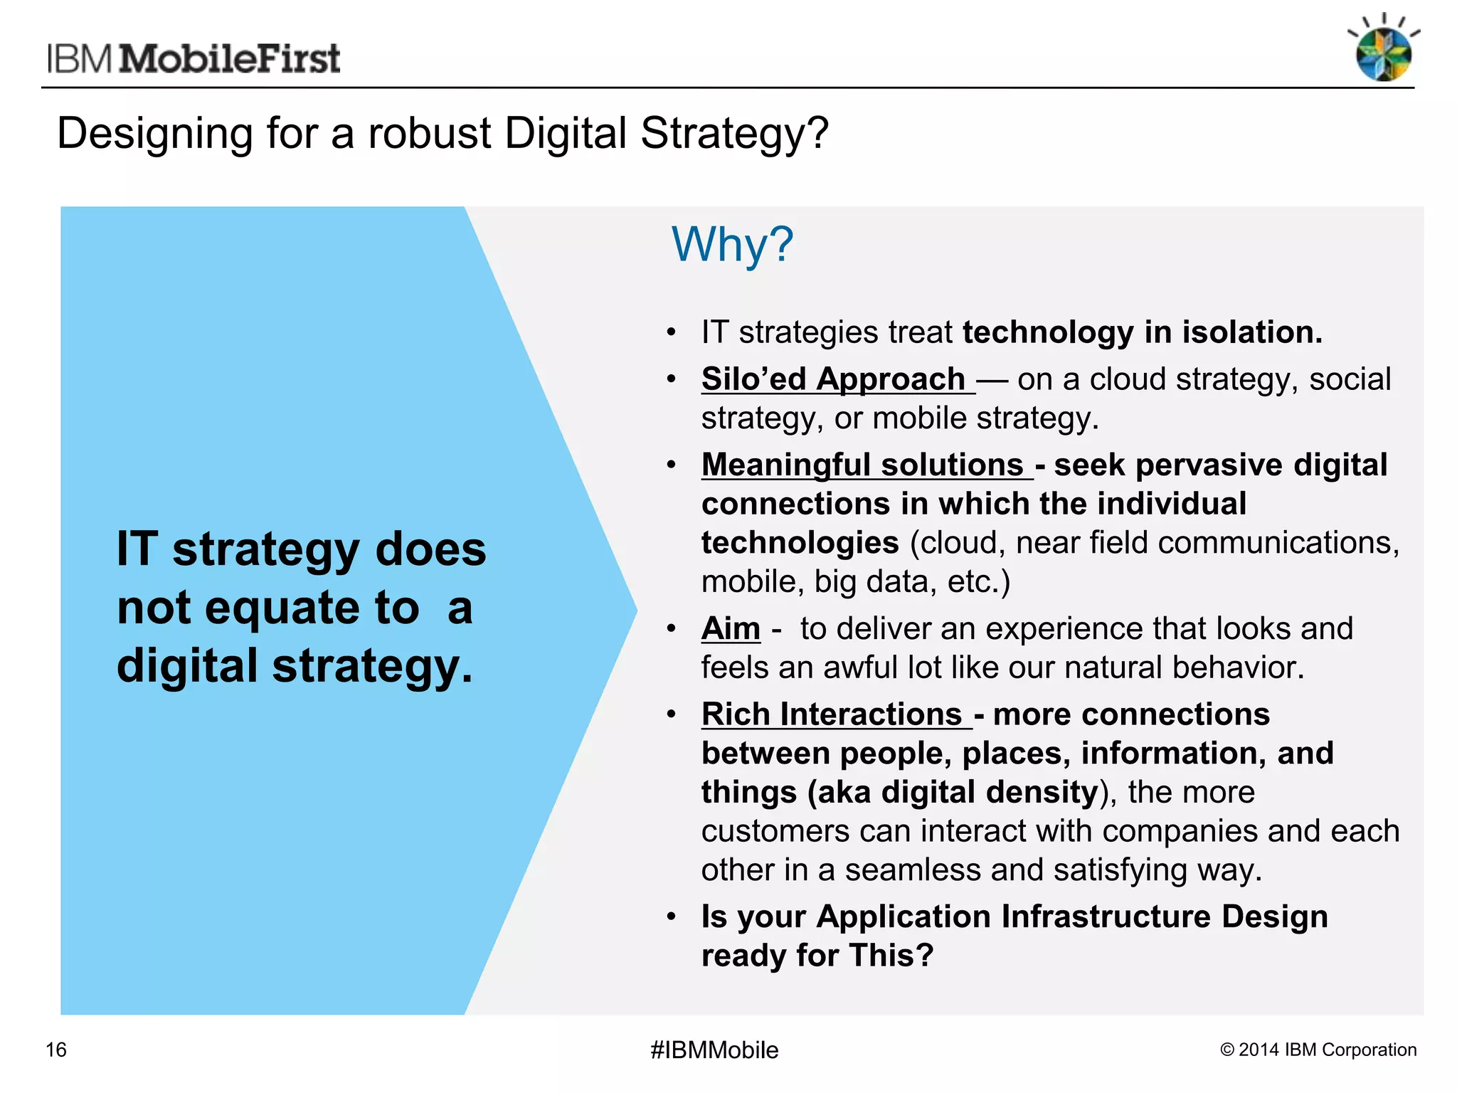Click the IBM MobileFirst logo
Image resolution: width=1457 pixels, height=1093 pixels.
pyautogui.click(x=194, y=58)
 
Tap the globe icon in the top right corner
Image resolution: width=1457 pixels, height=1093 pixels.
pyautogui.click(x=1383, y=54)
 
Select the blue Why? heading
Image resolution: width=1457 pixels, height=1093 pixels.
pyautogui.click(x=732, y=244)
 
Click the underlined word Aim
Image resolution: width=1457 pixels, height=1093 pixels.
pyautogui.click(x=731, y=628)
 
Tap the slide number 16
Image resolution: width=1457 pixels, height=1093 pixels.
pyautogui.click(x=56, y=1050)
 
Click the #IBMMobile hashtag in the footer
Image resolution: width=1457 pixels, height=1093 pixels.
pyautogui.click(x=714, y=1050)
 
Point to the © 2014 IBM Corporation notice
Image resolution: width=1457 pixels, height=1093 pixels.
pyautogui.click(x=1318, y=1050)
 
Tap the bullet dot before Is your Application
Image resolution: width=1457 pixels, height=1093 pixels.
pyautogui.click(x=671, y=917)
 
